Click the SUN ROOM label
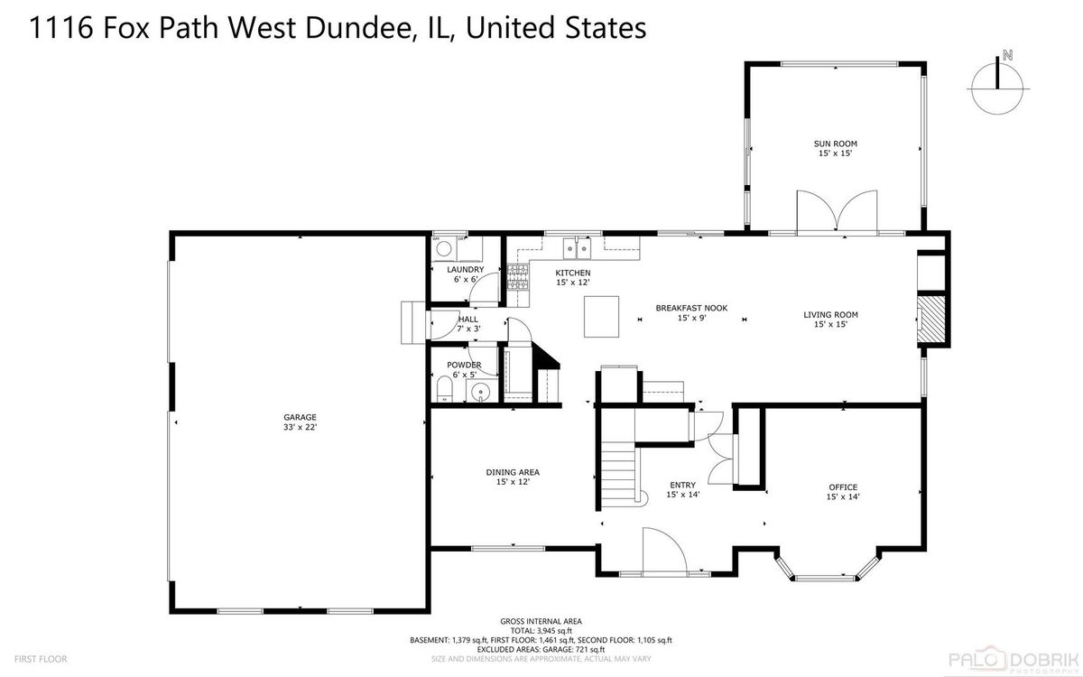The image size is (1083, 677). (835, 144)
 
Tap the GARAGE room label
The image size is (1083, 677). (300, 417)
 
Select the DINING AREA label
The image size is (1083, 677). (513, 472)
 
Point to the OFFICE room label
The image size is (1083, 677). (843, 487)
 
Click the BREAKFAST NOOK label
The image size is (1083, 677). (691, 308)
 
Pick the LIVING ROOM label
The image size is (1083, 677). (830, 315)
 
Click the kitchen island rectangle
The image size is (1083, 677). (601, 317)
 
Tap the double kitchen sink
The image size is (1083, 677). (577, 248)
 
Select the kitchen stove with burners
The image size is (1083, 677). (518, 277)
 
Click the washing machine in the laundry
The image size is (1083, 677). (444, 249)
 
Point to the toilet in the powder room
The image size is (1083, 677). (444, 390)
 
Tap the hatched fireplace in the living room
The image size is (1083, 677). (931, 320)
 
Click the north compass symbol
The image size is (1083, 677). (997, 87)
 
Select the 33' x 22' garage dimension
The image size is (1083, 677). (300, 427)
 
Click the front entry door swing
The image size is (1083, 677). (665, 551)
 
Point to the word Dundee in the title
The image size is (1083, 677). (358, 27)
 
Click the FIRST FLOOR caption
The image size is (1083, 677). (41, 659)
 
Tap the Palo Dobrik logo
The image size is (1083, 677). (1014, 660)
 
